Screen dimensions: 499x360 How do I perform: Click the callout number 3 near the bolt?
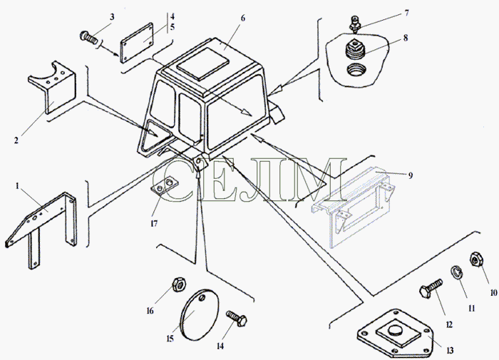coord(112,17)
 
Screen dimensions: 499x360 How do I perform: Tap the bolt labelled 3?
coord(88,38)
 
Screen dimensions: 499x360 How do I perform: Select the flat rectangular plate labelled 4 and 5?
coord(137,42)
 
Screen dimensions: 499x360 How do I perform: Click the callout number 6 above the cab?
coord(243,18)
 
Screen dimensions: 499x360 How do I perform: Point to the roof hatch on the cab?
coord(202,63)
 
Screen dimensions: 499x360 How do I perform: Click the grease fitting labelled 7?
coord(354,23)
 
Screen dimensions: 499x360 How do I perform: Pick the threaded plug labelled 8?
coord(354,48)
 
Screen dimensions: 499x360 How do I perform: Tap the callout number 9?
coord(410,175)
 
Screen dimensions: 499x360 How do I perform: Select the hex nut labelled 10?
coord(475,259)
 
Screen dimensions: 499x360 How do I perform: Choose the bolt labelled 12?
coord(431,288)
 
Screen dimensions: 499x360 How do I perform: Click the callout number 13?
coord(450,351)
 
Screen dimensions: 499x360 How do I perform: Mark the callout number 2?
coord(16,140)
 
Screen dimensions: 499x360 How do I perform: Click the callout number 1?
coord(18,185)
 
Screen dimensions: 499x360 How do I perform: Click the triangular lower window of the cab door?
coord(155,136)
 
